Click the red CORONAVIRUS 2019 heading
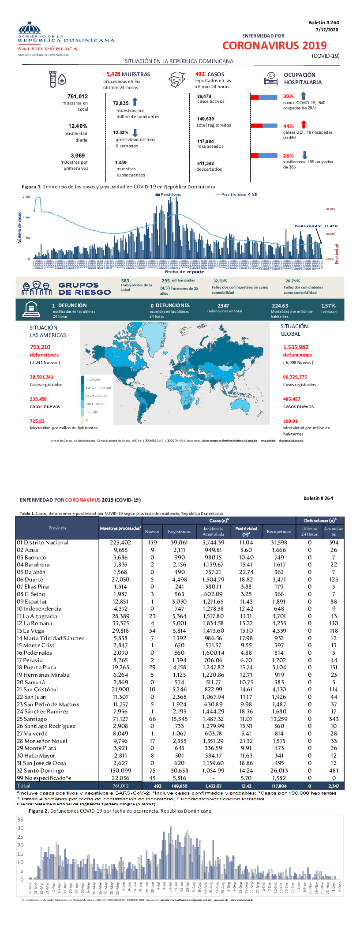tap(274, 45)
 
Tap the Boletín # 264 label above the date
tap(323, 23)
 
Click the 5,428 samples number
tap(113, 74)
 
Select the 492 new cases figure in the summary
tap(200, 74)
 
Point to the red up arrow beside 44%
tap(303, 125)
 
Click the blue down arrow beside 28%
tap(304, 155)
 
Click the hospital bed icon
tap(270, 79)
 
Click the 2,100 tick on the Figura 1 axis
tap(26, 197)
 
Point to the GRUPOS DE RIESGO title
tap(84, 289)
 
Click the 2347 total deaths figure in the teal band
tap(223, 306)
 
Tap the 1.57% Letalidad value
tap(328, 306)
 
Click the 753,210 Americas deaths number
tap(40, 347)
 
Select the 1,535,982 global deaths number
tap(296, 347)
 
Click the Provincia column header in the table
tap(57, 528)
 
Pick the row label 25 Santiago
tap(32, 719)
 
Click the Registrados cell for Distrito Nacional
tap(179, 543)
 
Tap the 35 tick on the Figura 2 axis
tap(20, 820)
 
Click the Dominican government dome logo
tap(30, 28)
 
